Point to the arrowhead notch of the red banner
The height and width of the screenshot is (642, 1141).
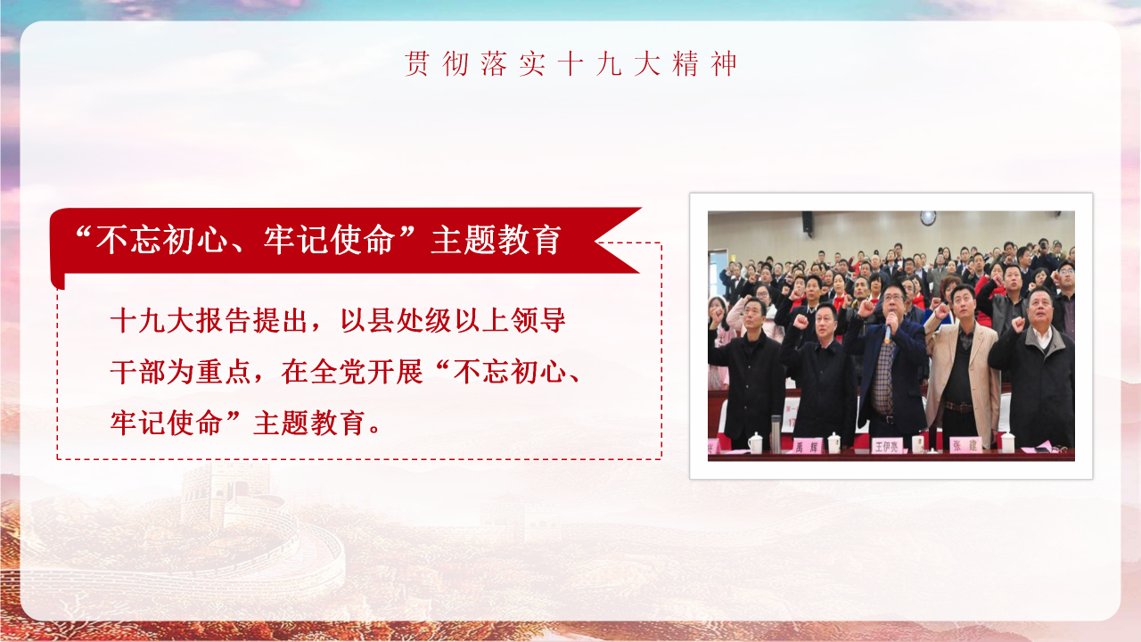(599, 241)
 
